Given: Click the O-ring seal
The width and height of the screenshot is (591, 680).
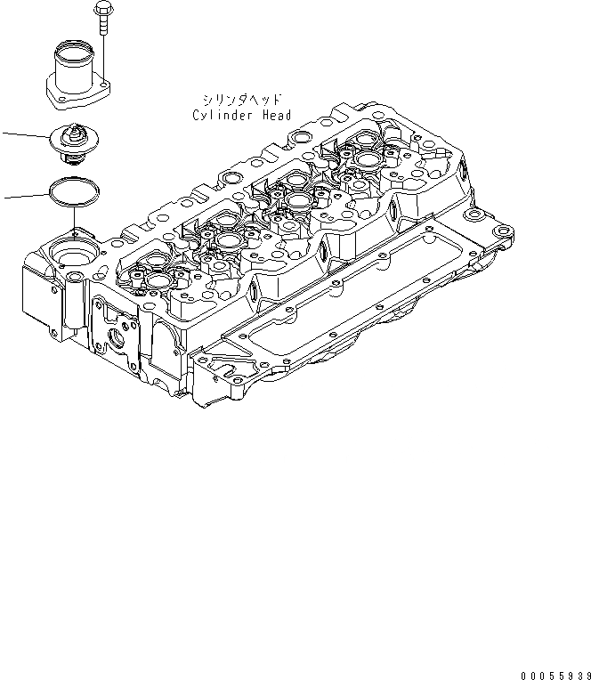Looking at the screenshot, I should coord(74,190).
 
